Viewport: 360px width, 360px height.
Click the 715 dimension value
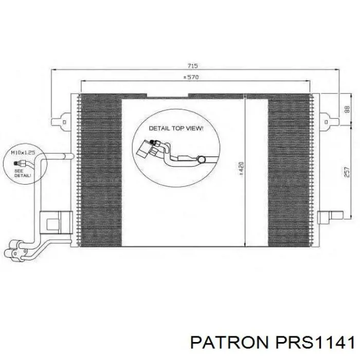click(193, 66)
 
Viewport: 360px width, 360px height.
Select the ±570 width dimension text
click(191, 77)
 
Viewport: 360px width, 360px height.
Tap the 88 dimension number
click(347, 109)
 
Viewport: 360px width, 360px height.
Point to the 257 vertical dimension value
click(347, 171)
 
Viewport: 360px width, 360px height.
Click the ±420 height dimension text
click(241, 169)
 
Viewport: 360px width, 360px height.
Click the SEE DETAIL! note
click(23, 173)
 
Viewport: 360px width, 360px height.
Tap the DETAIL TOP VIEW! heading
click(176, 128)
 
